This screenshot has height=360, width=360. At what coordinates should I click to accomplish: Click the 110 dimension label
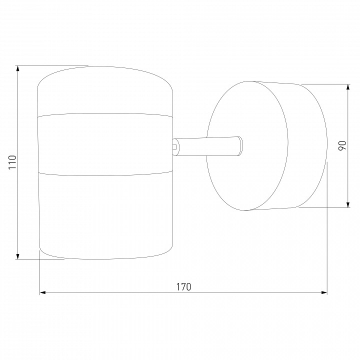[12, 162]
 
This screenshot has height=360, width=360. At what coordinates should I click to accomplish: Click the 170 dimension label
[183, 287]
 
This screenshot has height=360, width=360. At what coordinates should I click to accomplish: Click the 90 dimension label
[342, 146]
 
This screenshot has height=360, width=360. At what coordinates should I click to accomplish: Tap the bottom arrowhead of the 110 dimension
[17, 256]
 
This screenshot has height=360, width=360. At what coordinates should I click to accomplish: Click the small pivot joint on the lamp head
[175, 146]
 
